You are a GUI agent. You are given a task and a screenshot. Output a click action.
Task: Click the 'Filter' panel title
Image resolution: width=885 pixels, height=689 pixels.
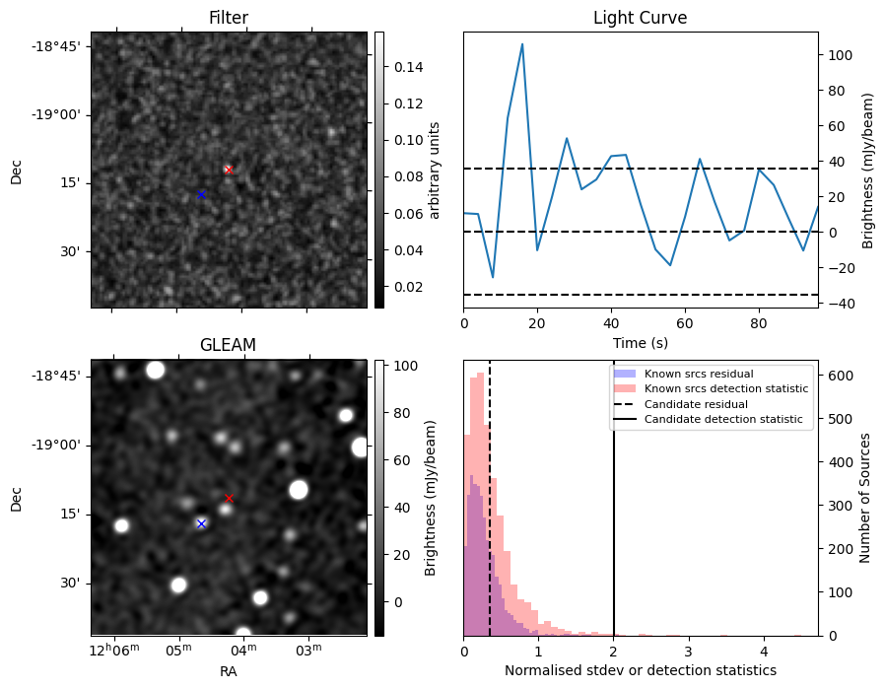coord(229,18)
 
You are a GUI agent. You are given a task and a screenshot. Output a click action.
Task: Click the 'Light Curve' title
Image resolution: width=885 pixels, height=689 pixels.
coord(640,18)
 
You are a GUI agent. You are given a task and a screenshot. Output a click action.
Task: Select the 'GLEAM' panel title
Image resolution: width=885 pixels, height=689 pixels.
coord(229,345)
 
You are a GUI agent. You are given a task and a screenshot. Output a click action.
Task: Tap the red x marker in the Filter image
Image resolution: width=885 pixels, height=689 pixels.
coord(229,170)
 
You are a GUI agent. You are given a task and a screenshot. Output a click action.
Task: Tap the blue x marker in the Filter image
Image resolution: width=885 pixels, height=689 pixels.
coord(201,194)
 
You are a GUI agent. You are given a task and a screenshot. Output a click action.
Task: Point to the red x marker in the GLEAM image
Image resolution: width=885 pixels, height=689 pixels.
coord(229,498)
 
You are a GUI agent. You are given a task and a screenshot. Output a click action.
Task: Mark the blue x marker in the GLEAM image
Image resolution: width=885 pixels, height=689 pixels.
coord(201,523)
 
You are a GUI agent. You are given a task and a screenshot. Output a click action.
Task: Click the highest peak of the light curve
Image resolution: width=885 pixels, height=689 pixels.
coord(522,44)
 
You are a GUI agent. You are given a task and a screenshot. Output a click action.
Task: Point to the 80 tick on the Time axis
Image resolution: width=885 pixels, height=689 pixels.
coord(759,321)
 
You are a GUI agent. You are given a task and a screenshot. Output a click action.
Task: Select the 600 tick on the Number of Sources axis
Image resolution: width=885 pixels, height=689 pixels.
coord(833,376)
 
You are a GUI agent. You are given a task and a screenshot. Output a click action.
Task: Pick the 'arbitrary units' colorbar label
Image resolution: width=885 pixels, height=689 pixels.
coord(434,170)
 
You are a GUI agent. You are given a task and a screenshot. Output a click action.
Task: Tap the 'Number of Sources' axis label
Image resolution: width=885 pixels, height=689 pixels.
coord(865,500)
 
